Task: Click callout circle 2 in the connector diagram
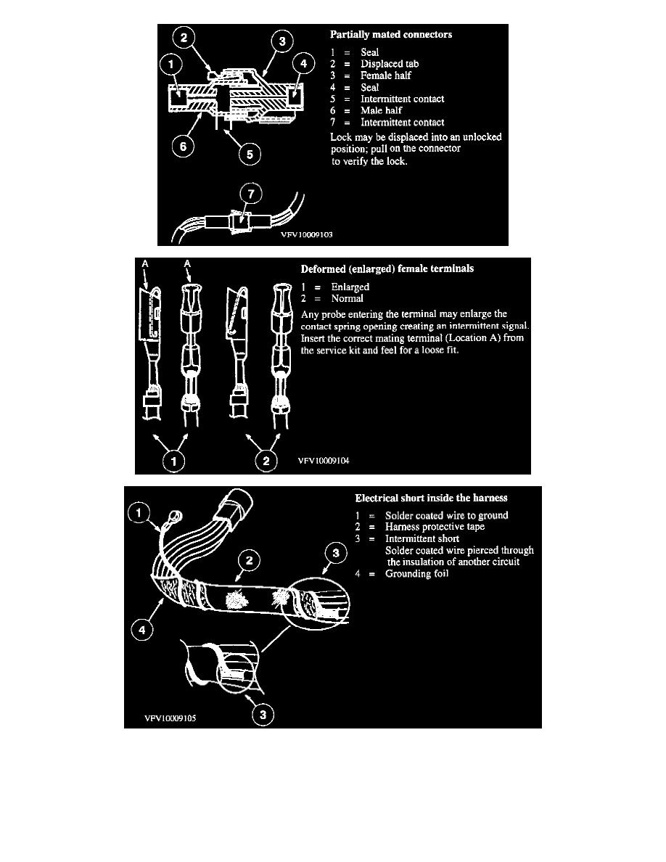tap(184, 38)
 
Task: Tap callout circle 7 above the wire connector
tap(251, 194)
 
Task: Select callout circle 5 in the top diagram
tap(250, 154)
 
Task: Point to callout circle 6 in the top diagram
tap(183, 147)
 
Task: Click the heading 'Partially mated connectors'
tap(391, 35)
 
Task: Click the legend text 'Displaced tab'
tap(390, 64)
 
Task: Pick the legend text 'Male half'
tap(382, 110)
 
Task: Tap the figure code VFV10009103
tap(307, 235)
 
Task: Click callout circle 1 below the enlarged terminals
tap(174, 461)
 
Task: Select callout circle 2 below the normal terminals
tap(266, 461)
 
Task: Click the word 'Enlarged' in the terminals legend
tap(350, 287)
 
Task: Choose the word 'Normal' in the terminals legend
tap(348, 298)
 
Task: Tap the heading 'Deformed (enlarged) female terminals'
tap(387, 268)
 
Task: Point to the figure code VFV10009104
tap(324, 461)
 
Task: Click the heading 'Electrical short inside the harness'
tap(431, 498)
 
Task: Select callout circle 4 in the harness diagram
tap(142, 630)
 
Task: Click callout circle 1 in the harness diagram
tap(139, 513)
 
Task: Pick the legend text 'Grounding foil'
tap(416, 574)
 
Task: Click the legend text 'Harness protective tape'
tap(435, 527)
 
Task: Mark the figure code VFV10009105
tap(170, 718)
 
